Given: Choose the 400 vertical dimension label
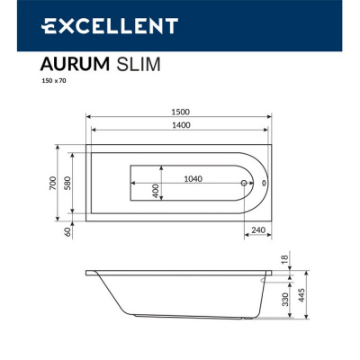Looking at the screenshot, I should (156, 191).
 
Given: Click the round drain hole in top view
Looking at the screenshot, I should (243, 183).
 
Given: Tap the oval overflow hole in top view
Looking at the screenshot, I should (263, 183).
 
